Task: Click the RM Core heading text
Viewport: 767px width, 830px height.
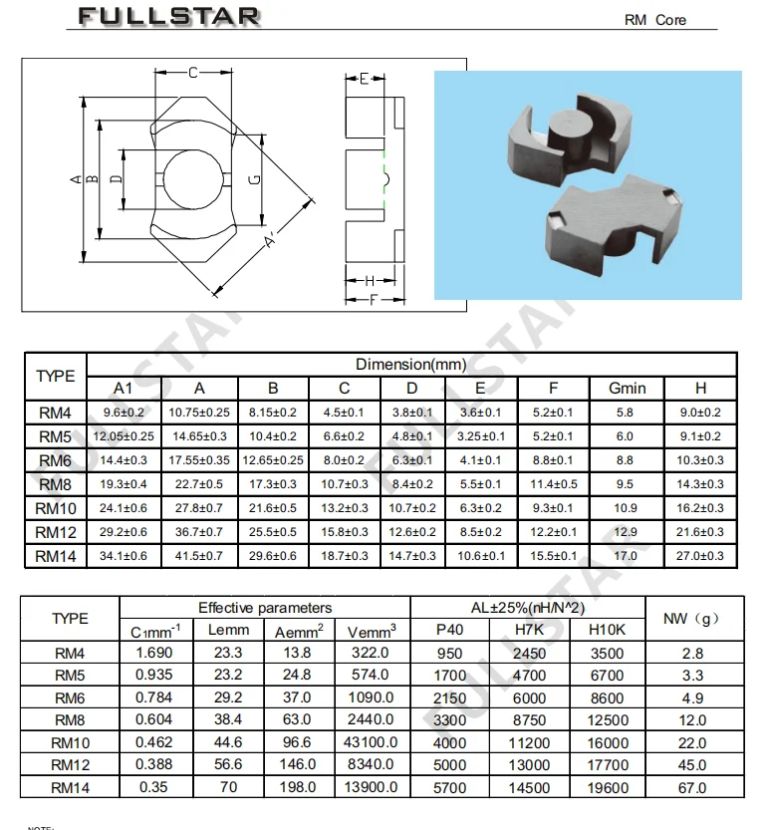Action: coord(654,20)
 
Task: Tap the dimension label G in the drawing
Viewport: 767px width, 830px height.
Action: coord(254,179)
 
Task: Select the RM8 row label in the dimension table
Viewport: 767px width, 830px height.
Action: coord(55,483)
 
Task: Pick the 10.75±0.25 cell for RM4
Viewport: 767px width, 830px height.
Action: coord(200,412)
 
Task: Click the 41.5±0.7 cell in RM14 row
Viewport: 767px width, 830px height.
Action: coord(200,555)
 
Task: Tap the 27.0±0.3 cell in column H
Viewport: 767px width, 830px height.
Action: coord(700,555)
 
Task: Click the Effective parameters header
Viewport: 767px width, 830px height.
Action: coord(265,607)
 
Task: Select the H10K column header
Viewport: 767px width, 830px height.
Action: coord(608,630)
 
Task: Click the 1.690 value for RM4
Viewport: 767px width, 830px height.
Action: coord(155,654)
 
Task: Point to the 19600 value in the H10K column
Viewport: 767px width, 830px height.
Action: coord(608,787)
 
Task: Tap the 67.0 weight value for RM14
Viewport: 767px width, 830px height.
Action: coord(691,787)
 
